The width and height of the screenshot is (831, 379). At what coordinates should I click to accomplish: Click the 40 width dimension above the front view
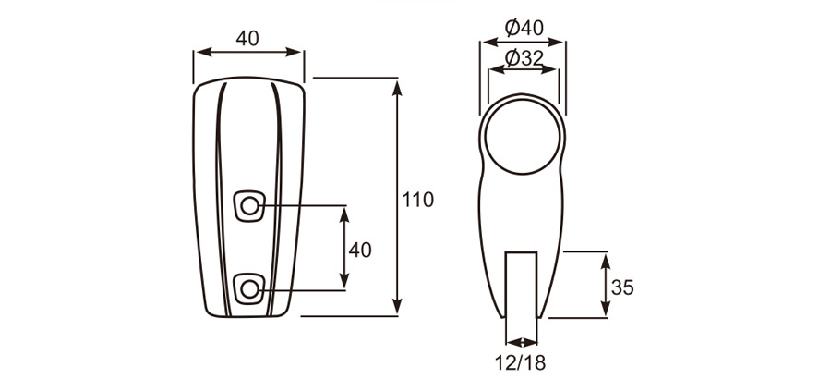coord(247,38)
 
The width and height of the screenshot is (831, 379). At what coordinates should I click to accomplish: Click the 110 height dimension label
coord(417,199)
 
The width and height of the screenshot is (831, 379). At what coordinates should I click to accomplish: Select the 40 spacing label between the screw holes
coord(360,250)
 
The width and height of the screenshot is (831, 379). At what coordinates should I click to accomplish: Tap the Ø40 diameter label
coord(523,28)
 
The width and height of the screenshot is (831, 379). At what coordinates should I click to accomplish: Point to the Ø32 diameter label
coord(523,58)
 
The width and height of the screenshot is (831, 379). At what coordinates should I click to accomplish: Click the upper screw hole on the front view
coord(249,206)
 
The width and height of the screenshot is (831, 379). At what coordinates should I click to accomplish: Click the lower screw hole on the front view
coord(249,289)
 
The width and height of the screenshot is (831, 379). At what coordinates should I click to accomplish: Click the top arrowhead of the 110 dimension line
coord(398,86)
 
